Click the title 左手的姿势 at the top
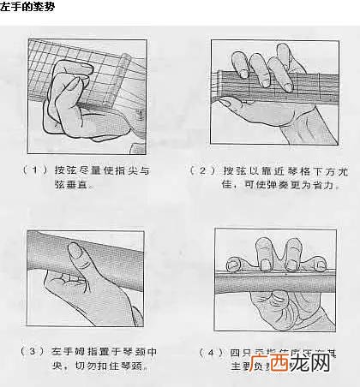click(x=29, y=7)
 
